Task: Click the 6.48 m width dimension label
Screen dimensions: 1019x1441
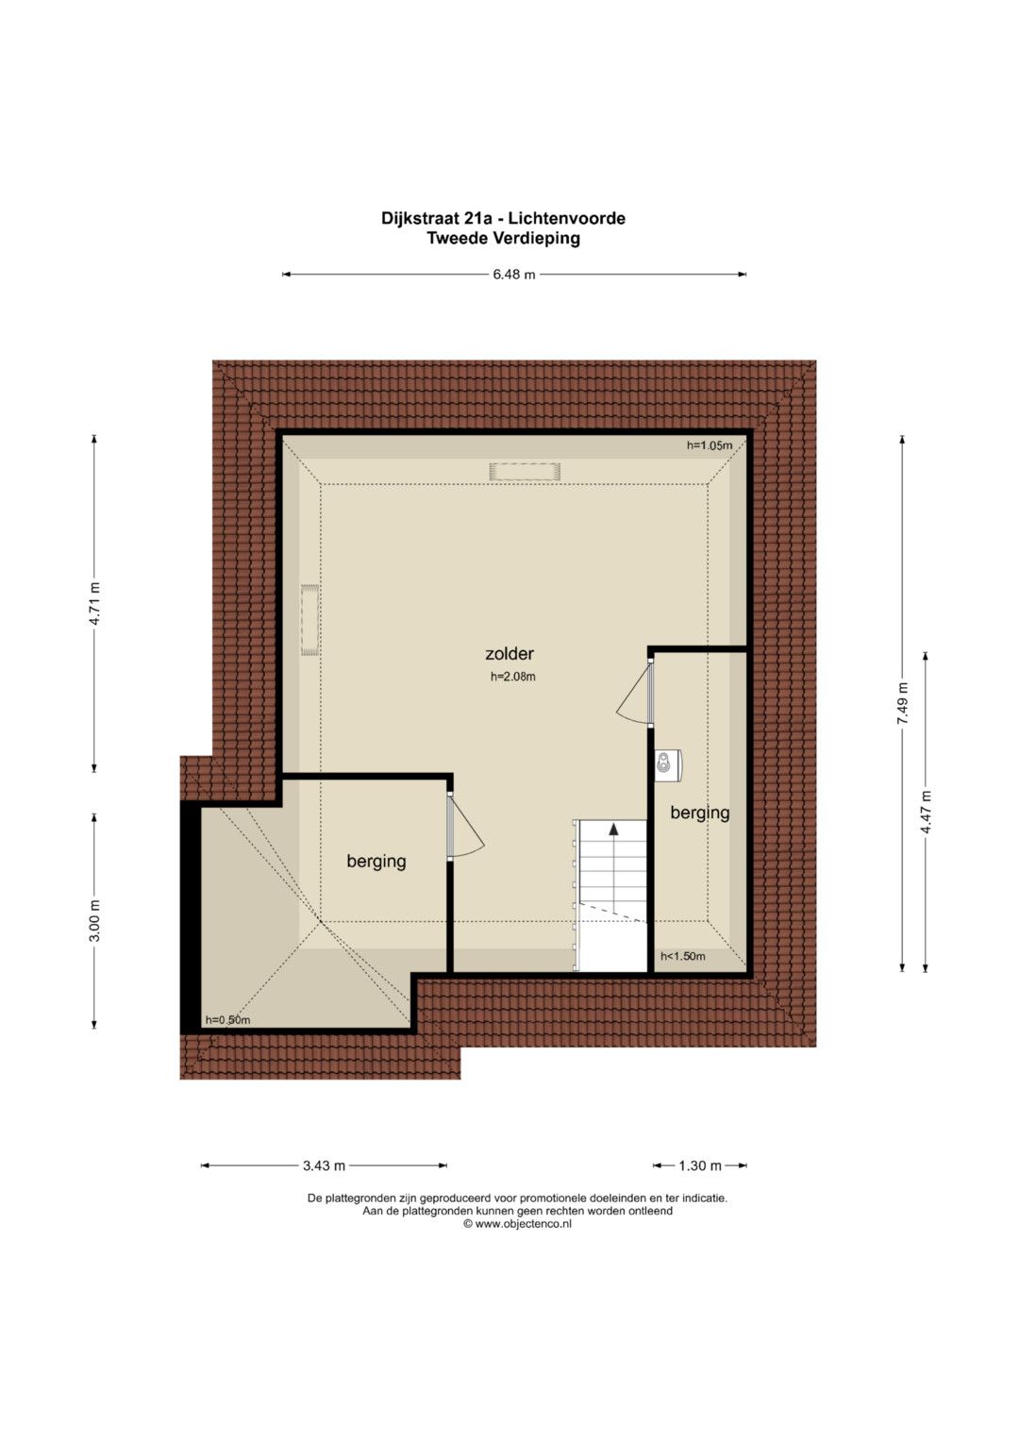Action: click(514, 275)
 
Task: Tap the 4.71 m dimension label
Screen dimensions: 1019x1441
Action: click(94, 603)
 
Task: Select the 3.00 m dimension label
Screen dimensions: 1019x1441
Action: click(94, 920)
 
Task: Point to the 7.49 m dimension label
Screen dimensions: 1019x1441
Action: click(903, 703)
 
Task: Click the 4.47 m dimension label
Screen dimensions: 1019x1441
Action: click(926, 812)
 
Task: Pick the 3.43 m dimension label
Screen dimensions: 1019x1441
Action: click(325, 1165)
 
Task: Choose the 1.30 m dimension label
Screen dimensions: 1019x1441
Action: click(700, 1165)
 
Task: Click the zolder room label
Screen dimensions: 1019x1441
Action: click(509, 654)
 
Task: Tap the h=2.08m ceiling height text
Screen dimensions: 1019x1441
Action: click(512, 677)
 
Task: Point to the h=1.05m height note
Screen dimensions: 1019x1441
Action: click(710, 445)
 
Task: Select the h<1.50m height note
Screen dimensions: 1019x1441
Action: click(682, 957)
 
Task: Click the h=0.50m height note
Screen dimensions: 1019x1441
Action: click(227, 1019)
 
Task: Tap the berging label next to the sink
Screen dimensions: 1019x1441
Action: click(700, 813)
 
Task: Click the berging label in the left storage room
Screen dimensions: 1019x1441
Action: click(376, 861)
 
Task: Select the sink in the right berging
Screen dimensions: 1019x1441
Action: click(668, 765)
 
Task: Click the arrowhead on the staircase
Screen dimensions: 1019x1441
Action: click(613, 829)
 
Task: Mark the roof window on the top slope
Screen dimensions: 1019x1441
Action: click(525, 472)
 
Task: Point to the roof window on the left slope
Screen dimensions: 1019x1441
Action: click(310, 620)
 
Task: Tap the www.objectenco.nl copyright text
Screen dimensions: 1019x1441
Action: click(517, 1224)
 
